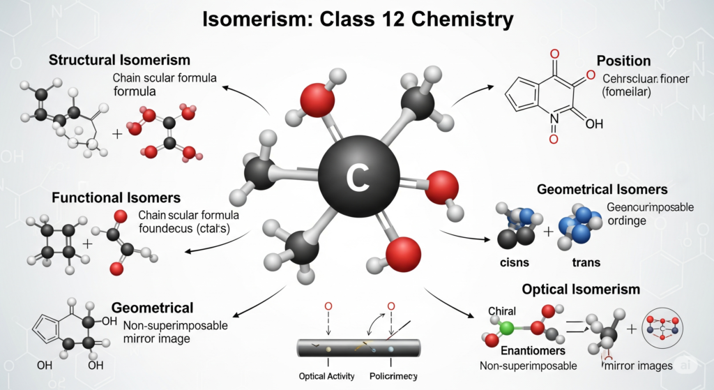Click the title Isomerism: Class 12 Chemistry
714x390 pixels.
[357, 19]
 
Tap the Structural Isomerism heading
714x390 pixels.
[119, 60]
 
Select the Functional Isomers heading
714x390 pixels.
[116, 198]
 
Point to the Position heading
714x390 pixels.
[623, 61]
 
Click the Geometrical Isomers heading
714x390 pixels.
[602, 189]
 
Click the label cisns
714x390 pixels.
[515, 263]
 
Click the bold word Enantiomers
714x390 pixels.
[527, 351]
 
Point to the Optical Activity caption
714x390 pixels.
[326, 376]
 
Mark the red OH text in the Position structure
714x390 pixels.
[594, 123]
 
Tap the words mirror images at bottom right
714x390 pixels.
[638, 366]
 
